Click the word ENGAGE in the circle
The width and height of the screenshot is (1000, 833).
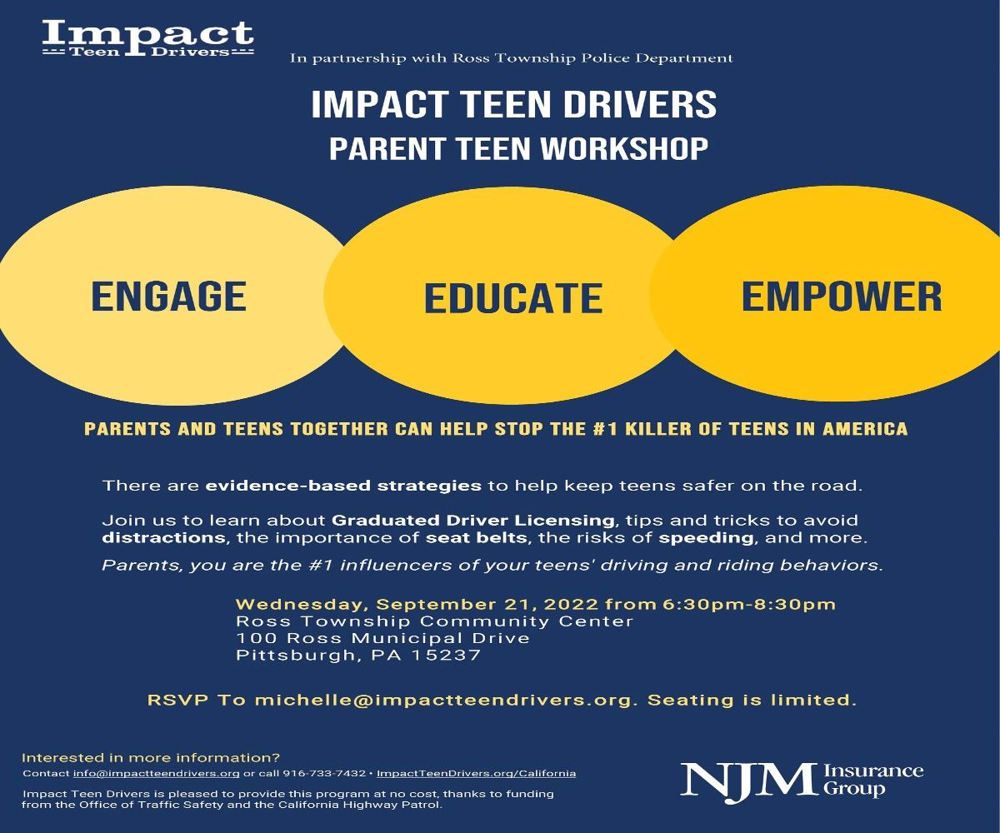click(x=168, y=297)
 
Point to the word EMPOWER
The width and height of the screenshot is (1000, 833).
click(x=841, y=297)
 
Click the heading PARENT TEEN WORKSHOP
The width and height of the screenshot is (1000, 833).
click(x=517, y=148)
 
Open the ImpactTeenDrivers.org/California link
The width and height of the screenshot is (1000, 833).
click(x=476, y=774)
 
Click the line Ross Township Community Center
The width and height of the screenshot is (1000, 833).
click(x=434, y=621)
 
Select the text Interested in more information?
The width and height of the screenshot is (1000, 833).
click(x=151, y=758)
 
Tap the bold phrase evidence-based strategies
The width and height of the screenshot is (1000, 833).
click(x=343, y=485)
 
